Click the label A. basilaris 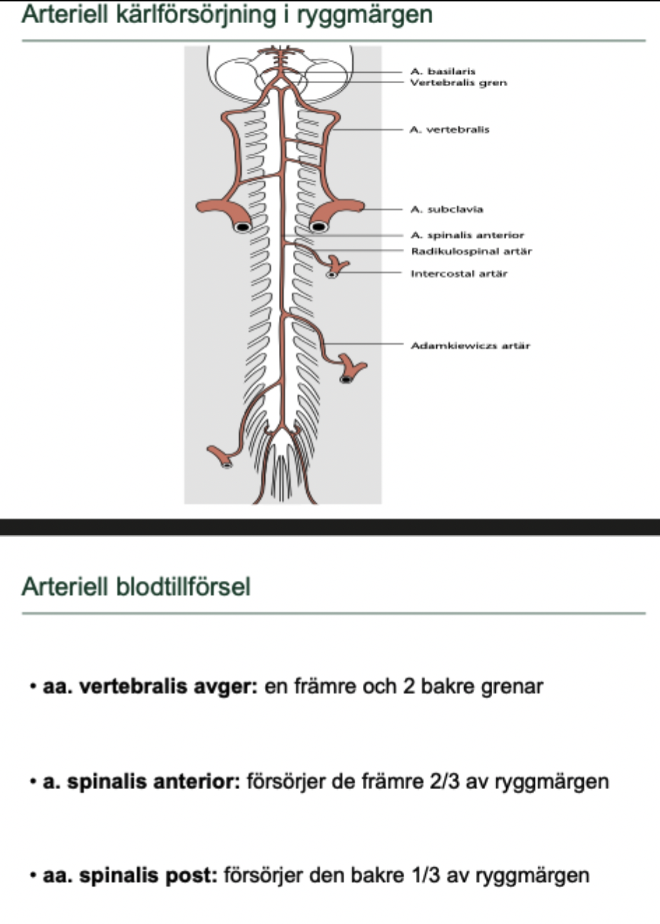[x=443, y=71]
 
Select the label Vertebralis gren [x=458, y=82]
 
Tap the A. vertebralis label [x=450, y=129]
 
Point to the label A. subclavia [x=447, y=209]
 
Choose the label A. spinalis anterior [x=467, y=235]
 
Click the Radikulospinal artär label [x=471, y=251]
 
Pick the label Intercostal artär [x=459, y=273]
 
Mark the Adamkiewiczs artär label [x=470, y=345]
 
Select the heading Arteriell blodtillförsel [x=136, y=586]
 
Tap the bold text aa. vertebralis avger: [x=150, y=686]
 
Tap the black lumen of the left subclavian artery [x=242, y=227]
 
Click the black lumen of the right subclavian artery [x=319, y=226]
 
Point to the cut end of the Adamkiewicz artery [x=346, y=379]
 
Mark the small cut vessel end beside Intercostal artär [x=332, y=275]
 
